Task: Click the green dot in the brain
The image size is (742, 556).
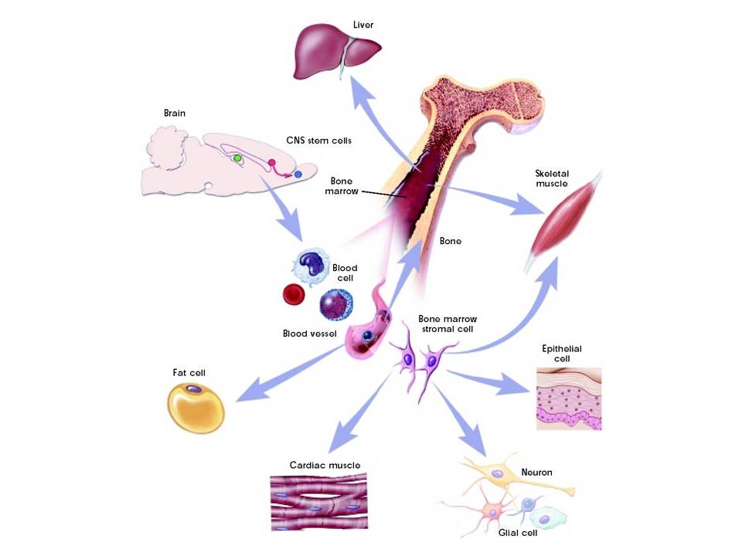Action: pyautogui.click(x=238, y=158)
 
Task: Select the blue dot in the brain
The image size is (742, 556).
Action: pyautogui.click(x=298, y=175)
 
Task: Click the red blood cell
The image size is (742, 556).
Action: pyautogui.click(x=294, y=294)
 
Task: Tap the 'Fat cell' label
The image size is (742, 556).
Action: pyautogui.click(x=189, y=372)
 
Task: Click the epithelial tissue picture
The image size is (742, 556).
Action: pyautogui.click(x=568, y=398)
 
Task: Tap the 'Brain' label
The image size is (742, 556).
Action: pyautogui.click(x=175, y=113)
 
